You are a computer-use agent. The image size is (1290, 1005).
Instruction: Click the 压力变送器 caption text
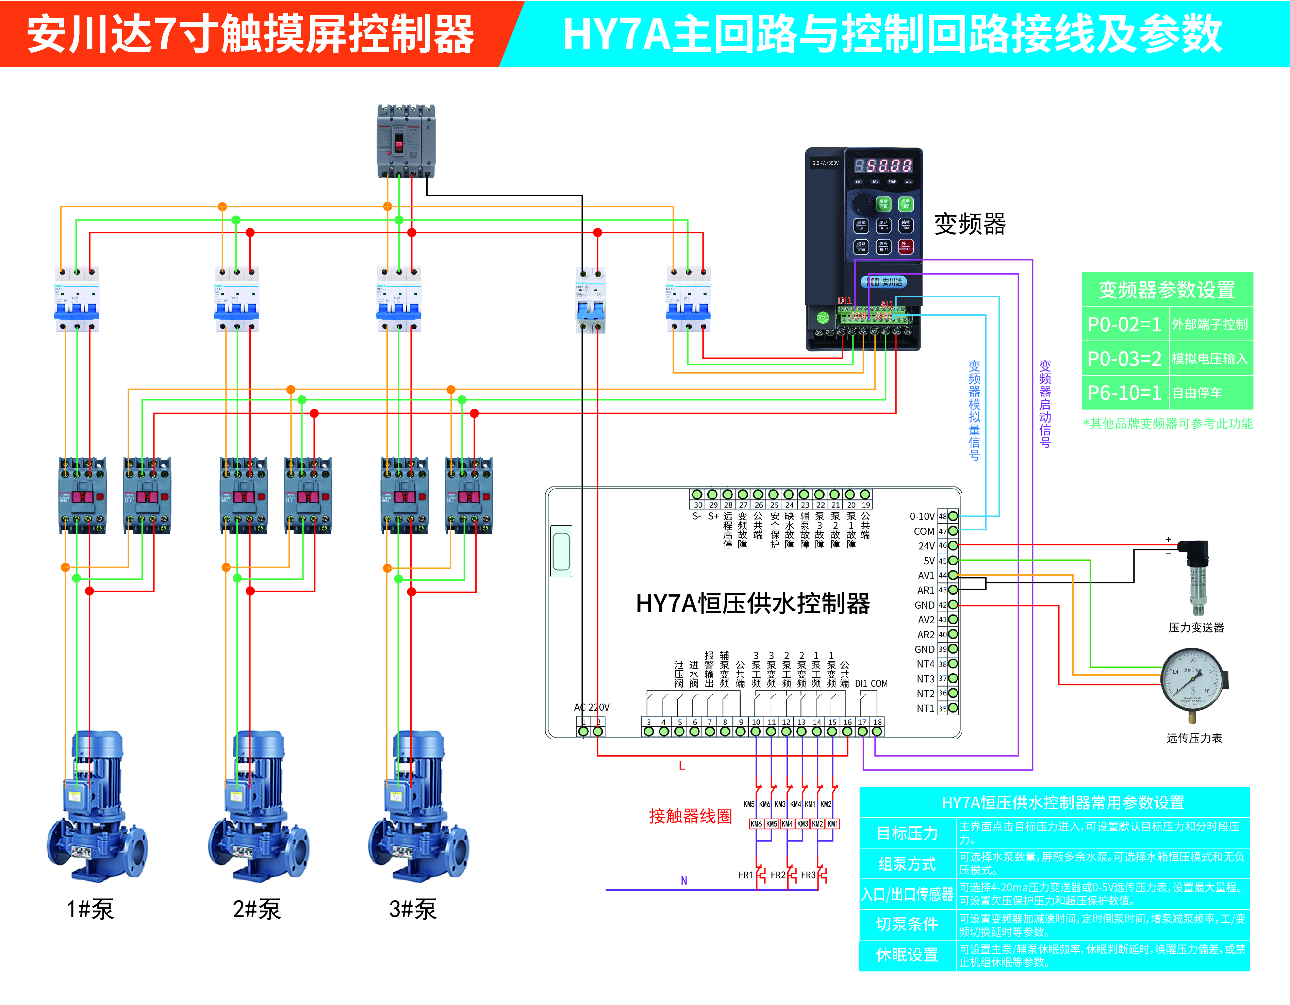(1196, 627)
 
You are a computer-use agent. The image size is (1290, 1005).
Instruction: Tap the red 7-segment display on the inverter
(883, 165)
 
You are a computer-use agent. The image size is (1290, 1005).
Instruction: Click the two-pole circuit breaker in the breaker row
(591, 300)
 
